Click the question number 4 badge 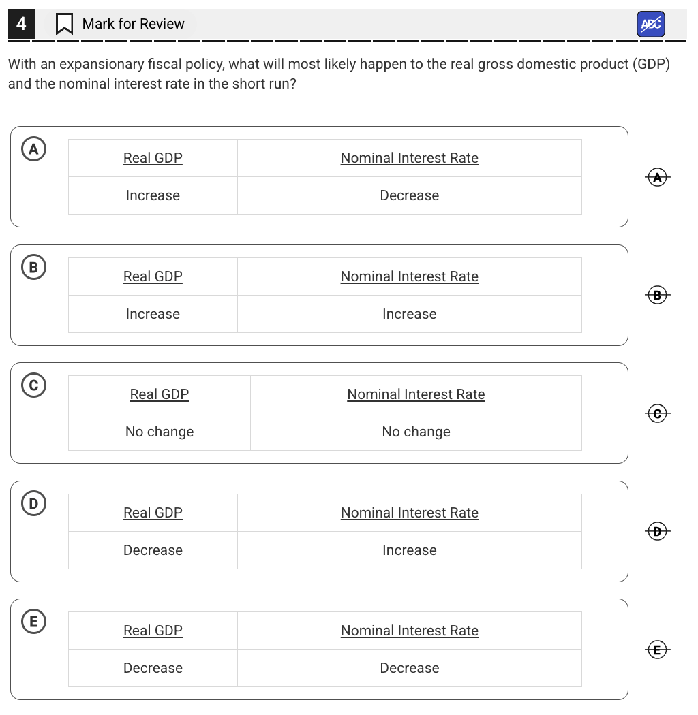tap(21, 24)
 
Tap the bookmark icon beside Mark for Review tap(64, 25)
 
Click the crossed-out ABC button tap(651, 25)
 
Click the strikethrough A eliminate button tap(657, 177)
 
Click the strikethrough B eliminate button tap(657, 295)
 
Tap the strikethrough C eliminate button tap(657, 413)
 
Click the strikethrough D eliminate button tap(657, 532)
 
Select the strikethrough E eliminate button tap(657, 650)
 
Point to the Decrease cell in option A tap(409, 195)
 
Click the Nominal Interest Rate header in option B tap(409, 276)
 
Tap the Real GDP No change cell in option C tap(160, 432)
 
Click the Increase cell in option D tap(409, 550)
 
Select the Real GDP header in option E tap(153, 631)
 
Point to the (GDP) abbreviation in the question tap(651, 65)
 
